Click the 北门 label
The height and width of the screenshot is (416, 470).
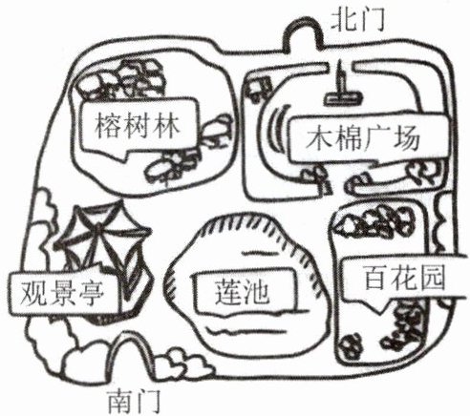tap(358, 20)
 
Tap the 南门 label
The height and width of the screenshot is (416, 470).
tap(134, 401)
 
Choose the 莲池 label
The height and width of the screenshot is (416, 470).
tap(242, 293)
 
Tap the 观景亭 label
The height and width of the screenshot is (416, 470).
tap(62, 293)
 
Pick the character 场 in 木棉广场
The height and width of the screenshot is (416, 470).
tap(407, 139)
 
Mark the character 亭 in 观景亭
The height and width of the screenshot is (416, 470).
tap(91, 293)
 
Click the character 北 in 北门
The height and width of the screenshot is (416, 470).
tap(344, 20)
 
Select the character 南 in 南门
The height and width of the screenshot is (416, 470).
tap(120, 401)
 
